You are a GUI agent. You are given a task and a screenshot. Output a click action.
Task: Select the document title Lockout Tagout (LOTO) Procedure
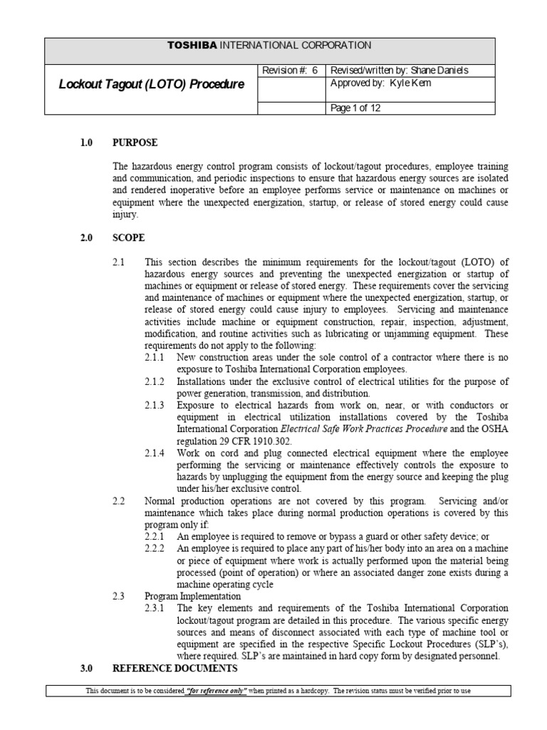tap(151, 84)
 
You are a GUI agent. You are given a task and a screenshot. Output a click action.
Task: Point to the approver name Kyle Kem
tap(411, 83)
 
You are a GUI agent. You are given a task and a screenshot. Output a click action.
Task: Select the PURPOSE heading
tap(135, 143)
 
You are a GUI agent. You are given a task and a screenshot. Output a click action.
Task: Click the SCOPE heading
tap(129, 238)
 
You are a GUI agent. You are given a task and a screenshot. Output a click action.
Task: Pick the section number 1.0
tap(87, 143)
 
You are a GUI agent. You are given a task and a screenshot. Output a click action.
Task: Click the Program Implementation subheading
tap(192, 596)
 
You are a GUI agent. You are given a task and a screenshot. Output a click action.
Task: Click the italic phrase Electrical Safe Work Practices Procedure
tap(363, 429)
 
